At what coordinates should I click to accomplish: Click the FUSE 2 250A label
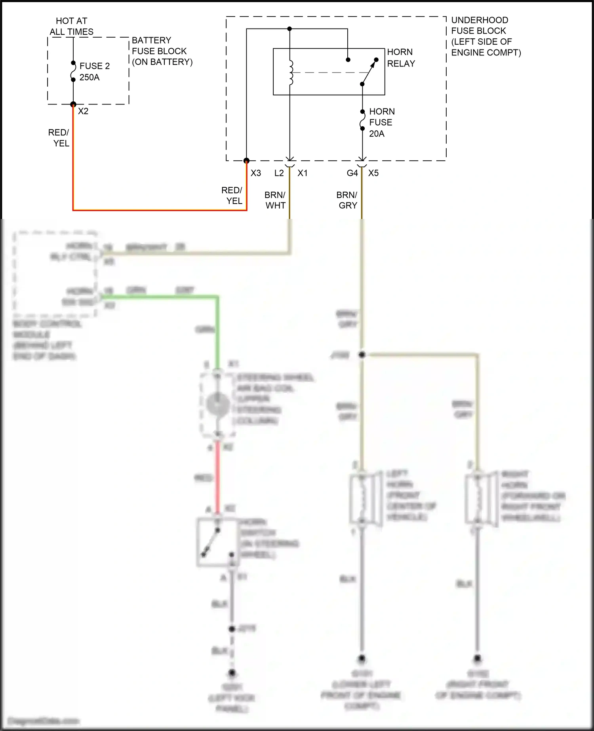pos(94,72)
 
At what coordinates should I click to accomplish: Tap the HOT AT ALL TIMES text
pos(72,26)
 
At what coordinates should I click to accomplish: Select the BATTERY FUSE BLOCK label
pos(162,51)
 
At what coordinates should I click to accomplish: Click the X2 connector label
pos(83,111)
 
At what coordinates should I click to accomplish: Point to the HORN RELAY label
pos(401,58)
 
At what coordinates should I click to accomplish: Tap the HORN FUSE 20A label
pos(381,122)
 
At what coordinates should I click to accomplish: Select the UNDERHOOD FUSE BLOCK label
pos(485,36)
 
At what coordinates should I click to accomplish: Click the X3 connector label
pos(256,173)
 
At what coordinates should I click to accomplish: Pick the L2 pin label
pos(279,173)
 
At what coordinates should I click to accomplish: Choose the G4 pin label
pos(352,173)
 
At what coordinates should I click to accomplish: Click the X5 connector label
pos(373,173)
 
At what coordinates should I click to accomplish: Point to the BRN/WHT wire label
pos(275,200)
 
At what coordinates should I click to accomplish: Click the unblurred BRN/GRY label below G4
pos(347,200)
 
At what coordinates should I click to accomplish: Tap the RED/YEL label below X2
pos(59,138)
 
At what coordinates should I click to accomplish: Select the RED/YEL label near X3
pos(232,195)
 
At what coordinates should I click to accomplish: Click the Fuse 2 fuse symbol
pos(73,71)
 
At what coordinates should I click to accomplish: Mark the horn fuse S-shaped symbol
pos(362,120)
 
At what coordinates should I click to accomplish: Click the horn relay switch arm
pos(369,72)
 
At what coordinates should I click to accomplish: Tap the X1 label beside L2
pos(303,173)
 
